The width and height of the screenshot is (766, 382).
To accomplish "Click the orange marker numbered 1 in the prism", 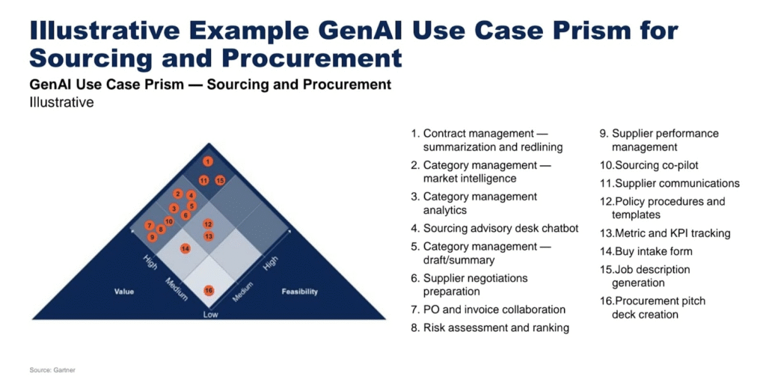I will coord(208,161).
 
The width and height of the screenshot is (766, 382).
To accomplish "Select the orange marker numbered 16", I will coord(209,290).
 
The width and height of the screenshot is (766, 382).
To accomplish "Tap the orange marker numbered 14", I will coord(185,248).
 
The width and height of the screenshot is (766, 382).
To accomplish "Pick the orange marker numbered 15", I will coord(220,180).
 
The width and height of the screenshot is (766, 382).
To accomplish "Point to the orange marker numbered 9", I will coord(152,236).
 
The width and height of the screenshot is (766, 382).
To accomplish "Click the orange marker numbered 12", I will coord(208,224).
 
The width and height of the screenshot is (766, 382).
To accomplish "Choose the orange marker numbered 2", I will coord(178,194).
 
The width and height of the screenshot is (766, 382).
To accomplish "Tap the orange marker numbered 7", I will coord(150,225).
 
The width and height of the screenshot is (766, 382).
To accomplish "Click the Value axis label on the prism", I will coord(124,292).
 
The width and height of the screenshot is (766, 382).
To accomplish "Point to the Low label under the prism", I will coord(210,315).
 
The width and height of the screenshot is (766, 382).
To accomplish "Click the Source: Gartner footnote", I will coord(52,369).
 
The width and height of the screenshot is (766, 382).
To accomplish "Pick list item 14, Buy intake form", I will coord(653,251).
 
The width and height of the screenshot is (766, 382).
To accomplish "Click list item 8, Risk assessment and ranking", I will coord(496,327).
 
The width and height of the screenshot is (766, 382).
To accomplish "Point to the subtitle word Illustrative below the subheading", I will coord(61,102).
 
